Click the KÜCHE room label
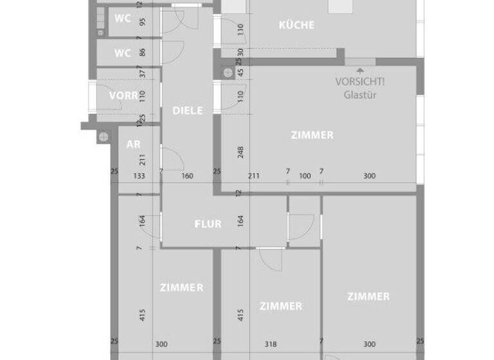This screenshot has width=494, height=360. pyautogui.click(x=297, y=25)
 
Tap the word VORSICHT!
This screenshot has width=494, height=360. pyautogui.click(x=360, y=82)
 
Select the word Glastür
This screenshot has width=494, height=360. pyautogui.click(x=360, y=95)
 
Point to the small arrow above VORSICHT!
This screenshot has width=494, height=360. pyautogui.click(x=360, y=69)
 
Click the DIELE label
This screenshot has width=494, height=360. pyautogui.click(x=187, y=111)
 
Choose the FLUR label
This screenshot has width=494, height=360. pyautogui.click(x=208, y=224)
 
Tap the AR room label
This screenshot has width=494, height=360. pyautogui.click(x=133, y=144)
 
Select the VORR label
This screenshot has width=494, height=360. pyautogui.click(x=123, y=96)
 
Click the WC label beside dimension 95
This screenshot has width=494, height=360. pyautogui.click(x=123, y=18)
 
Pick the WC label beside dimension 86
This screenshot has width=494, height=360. pyautogui.click(x=123, y=52)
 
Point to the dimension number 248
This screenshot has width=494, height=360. pyautogui.click(x=241, y=152)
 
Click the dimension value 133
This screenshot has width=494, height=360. pyautogui.click(x=138, y=175)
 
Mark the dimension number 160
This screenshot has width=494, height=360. pyautogui.click(x=187, y=175)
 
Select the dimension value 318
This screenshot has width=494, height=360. pyautogui.click(x=271, y=345)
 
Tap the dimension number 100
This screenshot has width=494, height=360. pyautogui.click(x=304, y=175)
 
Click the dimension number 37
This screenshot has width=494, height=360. pyautogui.click(x=142, y=73)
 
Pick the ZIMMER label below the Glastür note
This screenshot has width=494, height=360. pyautogui.click(x=312, y=135)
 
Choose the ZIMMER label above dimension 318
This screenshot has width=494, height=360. pyautogui.click(x=280, y=306)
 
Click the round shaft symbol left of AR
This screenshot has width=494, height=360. pyautogui.click(x=103, y=136)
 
